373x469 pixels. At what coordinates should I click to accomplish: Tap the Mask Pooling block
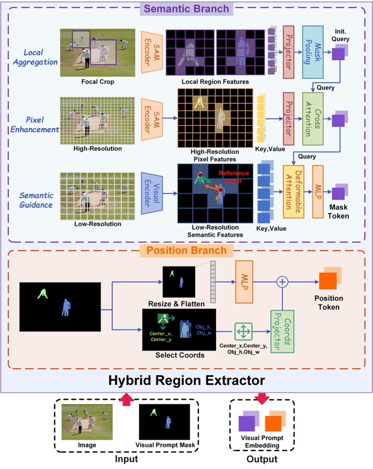pyautogui.click(x=313, y=52)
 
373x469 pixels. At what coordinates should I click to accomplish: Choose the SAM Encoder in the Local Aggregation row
pyautogui.click(x=152, y=52)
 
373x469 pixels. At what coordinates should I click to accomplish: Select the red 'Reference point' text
pyautogui.click(x=233, y=176)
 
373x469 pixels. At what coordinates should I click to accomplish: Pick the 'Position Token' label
pyautogui.click(x=328, y=302)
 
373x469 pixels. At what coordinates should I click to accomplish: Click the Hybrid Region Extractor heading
pyautogui.click(x=187, y=380)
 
